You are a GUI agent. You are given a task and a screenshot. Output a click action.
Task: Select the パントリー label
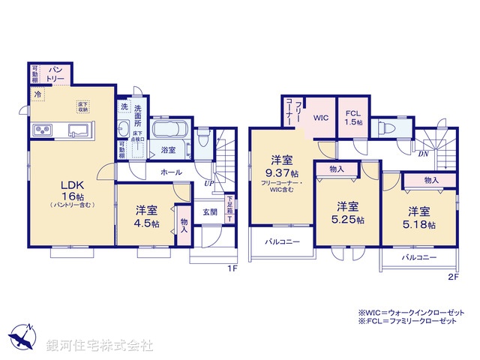[57, 73]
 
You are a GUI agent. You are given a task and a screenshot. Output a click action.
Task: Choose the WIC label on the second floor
[322, 118]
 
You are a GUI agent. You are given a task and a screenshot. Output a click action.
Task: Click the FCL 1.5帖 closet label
[354, 118]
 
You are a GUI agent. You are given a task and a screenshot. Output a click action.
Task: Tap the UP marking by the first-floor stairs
[209, 182]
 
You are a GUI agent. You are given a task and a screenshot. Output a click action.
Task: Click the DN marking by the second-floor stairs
[423, 154]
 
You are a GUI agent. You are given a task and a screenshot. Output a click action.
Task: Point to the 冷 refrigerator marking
[37, 94]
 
